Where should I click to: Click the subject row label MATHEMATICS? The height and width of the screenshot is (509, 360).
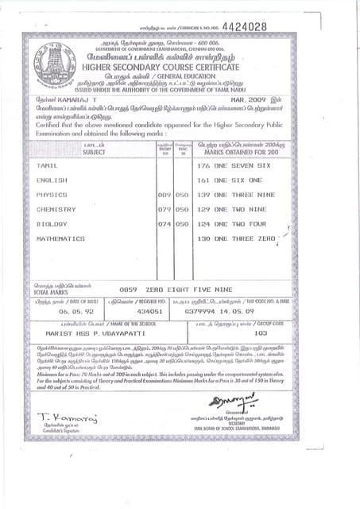coord(60,239)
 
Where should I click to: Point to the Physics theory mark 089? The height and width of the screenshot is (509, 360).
coord(165,195)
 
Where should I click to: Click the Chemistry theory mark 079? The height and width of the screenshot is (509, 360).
coord(165,209)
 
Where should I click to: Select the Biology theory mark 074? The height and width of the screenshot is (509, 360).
coord(165,224)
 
